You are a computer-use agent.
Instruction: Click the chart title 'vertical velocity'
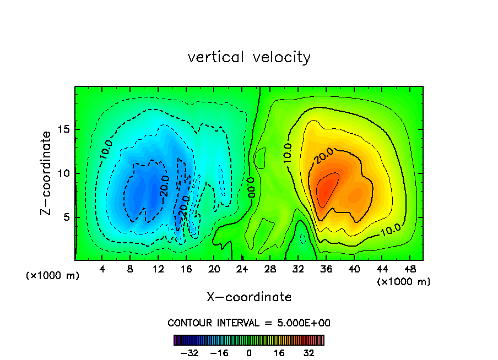(249, 57)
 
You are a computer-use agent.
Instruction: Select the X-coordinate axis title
(249, 297)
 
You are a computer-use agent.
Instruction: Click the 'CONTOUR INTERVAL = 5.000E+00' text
(249, 323)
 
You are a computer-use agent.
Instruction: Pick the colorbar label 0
(249, 353)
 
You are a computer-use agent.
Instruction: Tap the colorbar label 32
(308, 353)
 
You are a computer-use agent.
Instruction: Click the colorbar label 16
(279, 353)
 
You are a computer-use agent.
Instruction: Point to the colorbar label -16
(219, 353)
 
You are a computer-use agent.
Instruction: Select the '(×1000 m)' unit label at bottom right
(404, 281)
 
